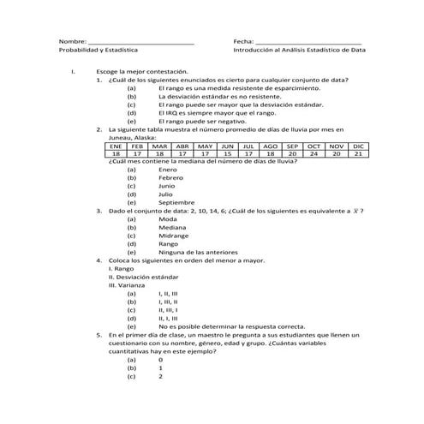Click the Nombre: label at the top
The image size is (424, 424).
point(72,41)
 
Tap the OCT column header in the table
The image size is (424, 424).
point(314,146)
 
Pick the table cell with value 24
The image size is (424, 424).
point(314,154)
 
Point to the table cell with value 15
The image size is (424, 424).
point(226,154)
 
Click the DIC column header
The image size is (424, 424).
point(359,146)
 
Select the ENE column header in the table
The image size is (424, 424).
point(116,146)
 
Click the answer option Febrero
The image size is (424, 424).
point(171,177)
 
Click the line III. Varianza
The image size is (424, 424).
point(127,284)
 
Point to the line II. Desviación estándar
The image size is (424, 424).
point(143,277)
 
